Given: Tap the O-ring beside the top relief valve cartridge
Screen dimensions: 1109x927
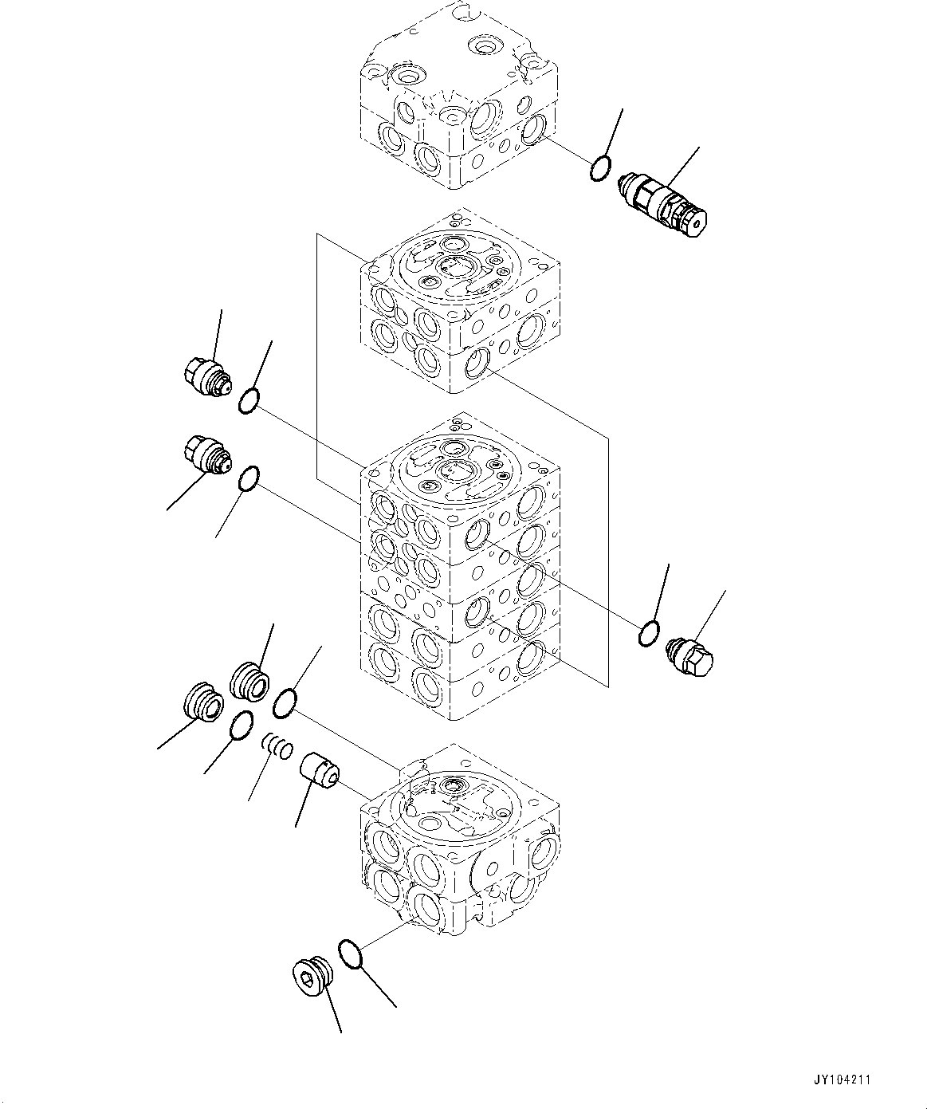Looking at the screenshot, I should click(601, 168).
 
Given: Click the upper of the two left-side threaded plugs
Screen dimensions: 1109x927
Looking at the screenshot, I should click(205, 375).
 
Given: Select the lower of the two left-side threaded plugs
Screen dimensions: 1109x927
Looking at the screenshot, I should click(206, 454).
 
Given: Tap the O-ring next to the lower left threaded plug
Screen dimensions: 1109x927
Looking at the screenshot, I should click(249, 478).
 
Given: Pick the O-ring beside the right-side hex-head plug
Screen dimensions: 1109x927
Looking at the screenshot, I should click(649, 633).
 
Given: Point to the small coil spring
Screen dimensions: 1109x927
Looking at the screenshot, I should click(278, 745).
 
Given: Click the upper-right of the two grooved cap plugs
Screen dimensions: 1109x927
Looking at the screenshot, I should click(249, 681).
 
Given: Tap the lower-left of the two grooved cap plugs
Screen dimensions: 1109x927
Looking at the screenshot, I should click(200, 702).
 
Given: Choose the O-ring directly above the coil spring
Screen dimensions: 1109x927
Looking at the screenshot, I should click(285, 704).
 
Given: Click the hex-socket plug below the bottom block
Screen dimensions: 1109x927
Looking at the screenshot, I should click(308, 977).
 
